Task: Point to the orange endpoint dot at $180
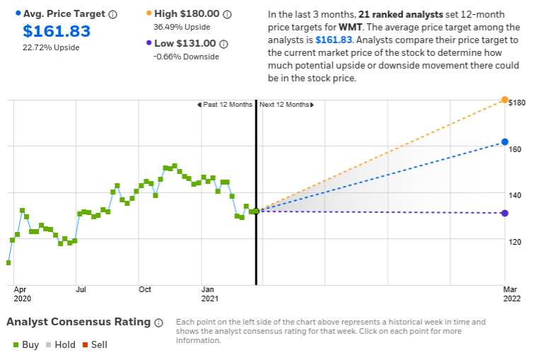click(504, 100)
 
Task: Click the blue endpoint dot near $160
click(504, 142)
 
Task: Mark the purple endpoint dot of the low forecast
click(504, 213)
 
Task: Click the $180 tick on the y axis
click(518, 103)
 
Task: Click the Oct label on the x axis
click(145, 289)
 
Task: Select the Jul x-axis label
click(81, 289)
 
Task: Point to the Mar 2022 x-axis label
click(511, 294)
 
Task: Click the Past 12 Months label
click(226, 105)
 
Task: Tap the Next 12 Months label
click(285, 105)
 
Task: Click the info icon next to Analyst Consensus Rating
click(158, 323)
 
